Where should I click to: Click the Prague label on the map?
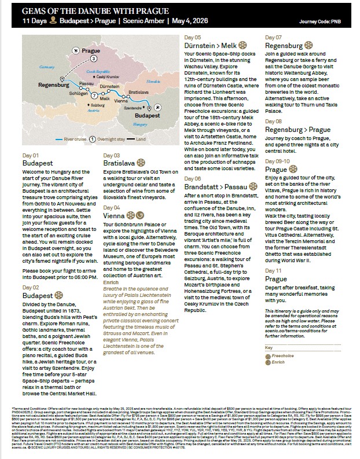coord(91,51)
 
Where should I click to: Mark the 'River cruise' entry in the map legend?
coord(75,139)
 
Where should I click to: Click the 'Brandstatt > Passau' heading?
coord(216,187)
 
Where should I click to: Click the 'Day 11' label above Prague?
coord(273,270)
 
